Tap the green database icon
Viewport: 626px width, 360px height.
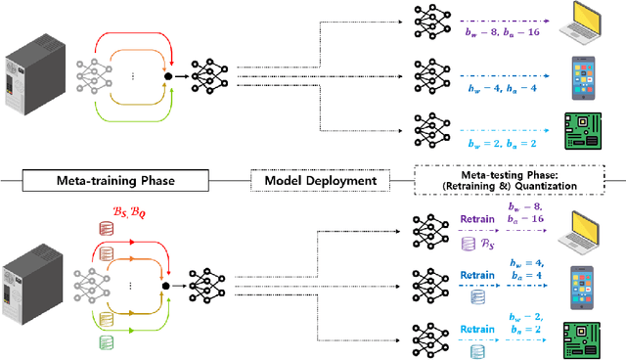(x=107, y=342)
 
